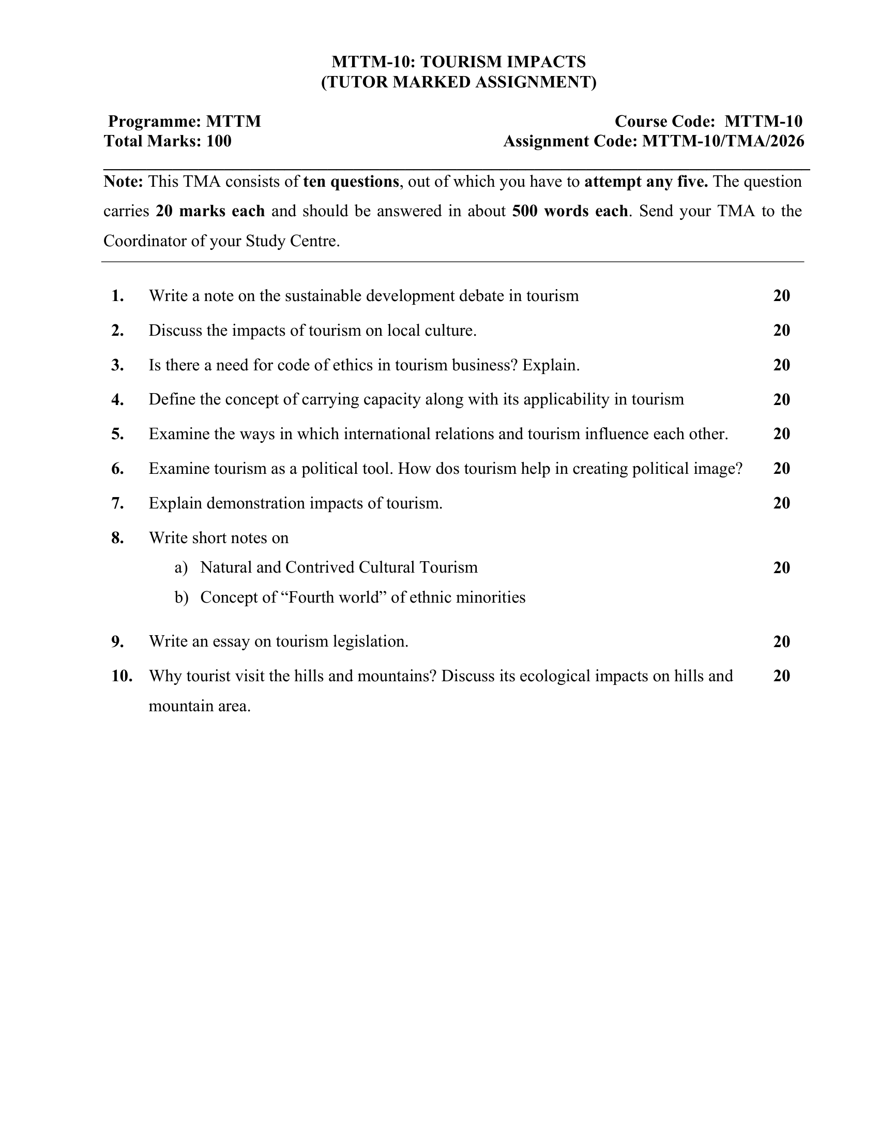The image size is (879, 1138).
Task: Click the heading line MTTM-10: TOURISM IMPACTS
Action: (459, 62)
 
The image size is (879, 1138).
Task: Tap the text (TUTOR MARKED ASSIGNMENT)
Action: (459, 82)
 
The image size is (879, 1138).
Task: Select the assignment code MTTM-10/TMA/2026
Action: (723, 141)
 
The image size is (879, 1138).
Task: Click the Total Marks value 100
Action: (219, 141)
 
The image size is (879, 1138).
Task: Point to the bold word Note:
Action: (124, 182)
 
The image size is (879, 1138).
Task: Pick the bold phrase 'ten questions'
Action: (351, 182)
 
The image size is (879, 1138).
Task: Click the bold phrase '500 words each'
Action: (570, 211)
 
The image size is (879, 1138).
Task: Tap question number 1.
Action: (118, 296)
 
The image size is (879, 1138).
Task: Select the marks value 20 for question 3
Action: (782, 365)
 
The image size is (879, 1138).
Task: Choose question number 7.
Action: (118, 503)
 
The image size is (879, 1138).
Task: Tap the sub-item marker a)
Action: (181, 567)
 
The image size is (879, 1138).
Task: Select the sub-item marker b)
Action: (181, 597)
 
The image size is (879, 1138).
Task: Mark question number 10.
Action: (122, 677)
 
